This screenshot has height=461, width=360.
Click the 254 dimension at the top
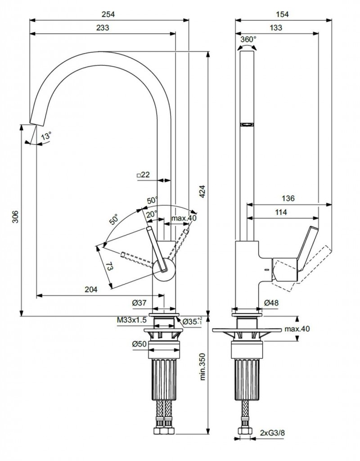108,14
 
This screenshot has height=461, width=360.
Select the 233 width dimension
103,27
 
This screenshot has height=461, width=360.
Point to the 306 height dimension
15,219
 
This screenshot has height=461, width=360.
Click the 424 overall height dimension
202,192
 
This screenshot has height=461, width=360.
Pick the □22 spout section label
143,174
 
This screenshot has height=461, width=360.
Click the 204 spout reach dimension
91,290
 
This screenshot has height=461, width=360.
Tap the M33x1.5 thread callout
132,320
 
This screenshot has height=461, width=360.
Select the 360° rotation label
248,39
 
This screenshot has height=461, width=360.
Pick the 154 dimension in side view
281,14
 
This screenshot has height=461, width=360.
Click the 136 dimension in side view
288,199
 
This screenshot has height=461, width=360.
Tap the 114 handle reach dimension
282,212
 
